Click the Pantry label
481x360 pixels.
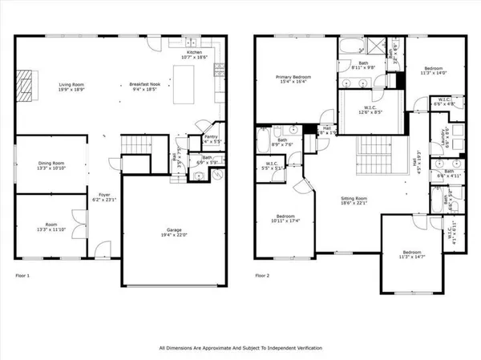(x=212, y=137)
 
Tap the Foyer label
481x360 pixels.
(x=104, y=194)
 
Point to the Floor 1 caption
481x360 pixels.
(x=23, y=275)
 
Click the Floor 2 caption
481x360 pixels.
(x=263, y=275)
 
